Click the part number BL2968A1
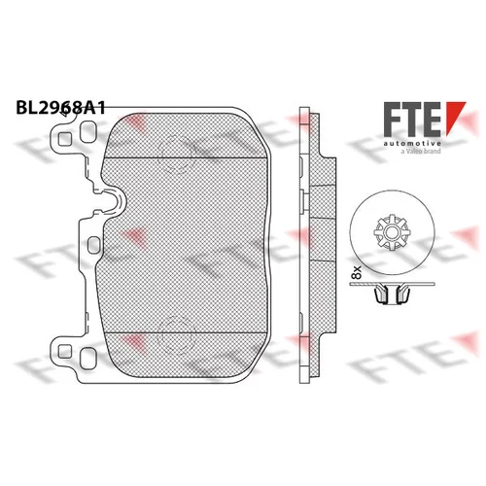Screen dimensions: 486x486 (60, 108)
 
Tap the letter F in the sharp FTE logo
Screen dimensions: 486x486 (392, 119)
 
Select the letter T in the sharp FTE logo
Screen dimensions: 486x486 (411, 119)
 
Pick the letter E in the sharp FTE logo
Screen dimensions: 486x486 (432, 119)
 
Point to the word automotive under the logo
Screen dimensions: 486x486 (412, 143)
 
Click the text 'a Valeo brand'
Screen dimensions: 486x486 (421, 151)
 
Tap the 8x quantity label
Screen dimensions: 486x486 (357, 272)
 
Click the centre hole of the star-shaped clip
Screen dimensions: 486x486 (392, 232)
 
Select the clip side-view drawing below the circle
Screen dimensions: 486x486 (393, 293)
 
